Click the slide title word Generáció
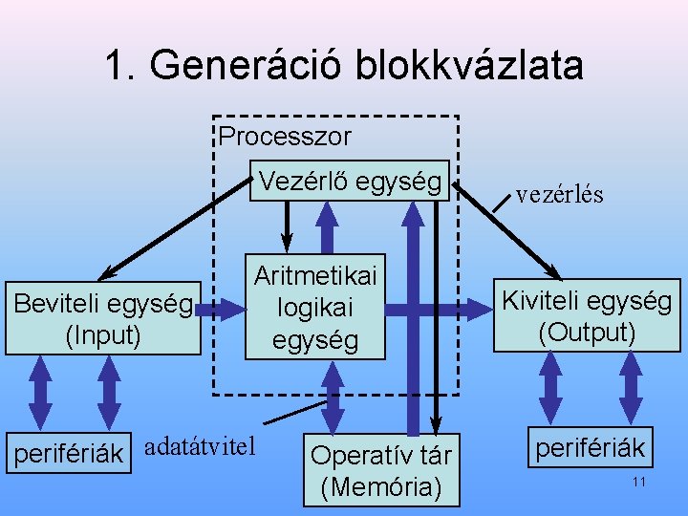247,66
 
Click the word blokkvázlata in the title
468,66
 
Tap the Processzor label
284,137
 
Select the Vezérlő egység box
349,181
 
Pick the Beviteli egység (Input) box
102,318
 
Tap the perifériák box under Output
589,447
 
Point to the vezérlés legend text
559,195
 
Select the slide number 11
639,483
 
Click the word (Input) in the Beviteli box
102,334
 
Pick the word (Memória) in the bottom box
382,487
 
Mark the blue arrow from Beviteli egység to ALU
223,308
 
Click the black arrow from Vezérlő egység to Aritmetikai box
285,226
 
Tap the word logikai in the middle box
315,308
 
